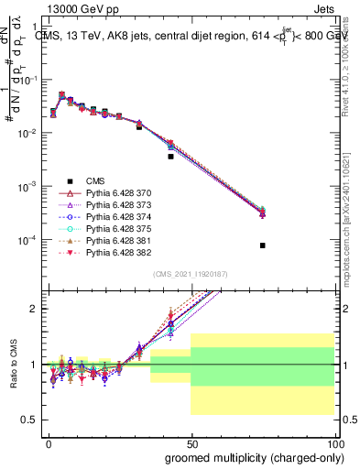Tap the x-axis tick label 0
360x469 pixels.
(x=49, y=443)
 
